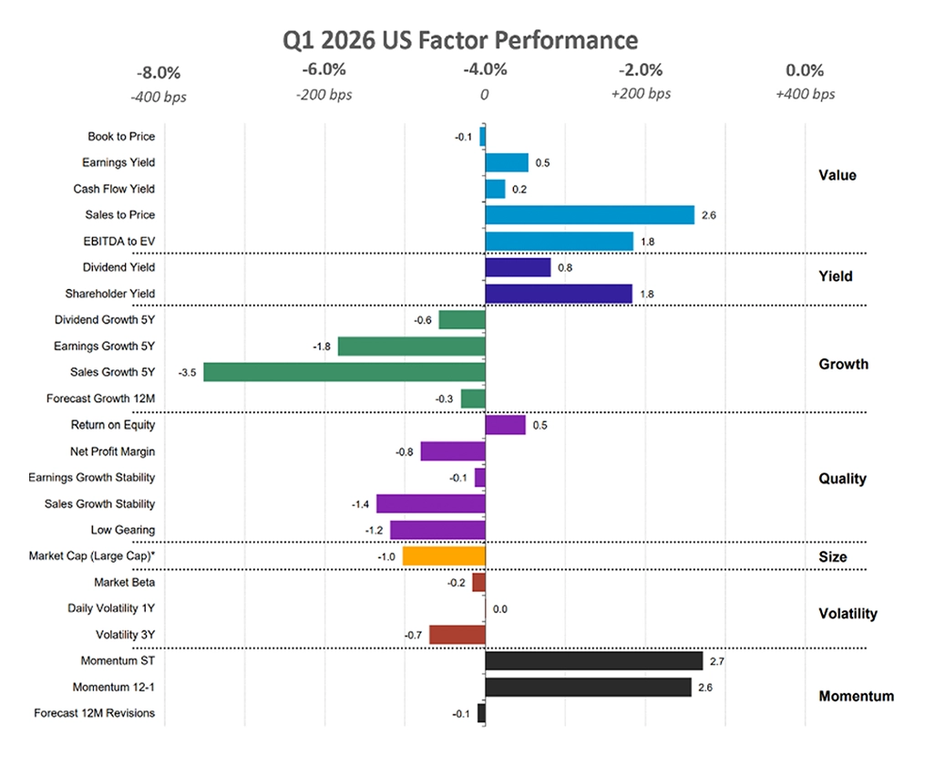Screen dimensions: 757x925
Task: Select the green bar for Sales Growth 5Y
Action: pos(344,372)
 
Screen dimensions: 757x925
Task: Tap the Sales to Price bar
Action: pos(590,215)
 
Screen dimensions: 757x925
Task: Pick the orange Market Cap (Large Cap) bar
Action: pos(444,555)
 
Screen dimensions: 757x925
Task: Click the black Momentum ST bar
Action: pos(594,661)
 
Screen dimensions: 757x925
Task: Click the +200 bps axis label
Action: pos(642,94)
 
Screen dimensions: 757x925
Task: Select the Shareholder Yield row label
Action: pos(110,294)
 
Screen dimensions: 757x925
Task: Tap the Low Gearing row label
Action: pos(123,530)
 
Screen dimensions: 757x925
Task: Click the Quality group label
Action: pos(843,479)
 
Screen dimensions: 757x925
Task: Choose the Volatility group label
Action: pos(848,614)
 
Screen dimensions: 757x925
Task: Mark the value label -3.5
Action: pos(190,372)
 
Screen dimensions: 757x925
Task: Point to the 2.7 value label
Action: pos(715,661)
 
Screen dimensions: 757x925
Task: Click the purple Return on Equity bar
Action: pos(506,425)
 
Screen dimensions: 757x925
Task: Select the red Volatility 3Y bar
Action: pos(457,635)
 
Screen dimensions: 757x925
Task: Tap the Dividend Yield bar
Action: pos(518,267)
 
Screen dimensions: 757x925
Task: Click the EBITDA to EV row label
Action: pos(115,242)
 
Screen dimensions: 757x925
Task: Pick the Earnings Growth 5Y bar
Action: pos(412,347)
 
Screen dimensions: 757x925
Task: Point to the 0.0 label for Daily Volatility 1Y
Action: pos(499,608)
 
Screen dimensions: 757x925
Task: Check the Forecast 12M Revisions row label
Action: pos(95,713)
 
